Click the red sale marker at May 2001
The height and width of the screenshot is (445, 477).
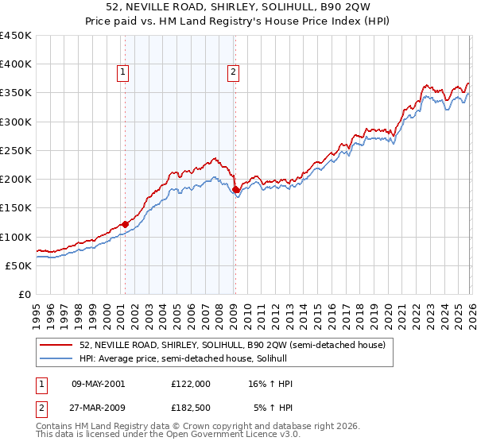point(125,224)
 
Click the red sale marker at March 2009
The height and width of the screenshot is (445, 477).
point(236,189)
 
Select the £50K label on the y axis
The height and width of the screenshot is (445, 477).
point(19,265)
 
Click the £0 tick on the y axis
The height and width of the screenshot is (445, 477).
point(25,294)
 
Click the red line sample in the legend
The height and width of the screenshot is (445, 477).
point(57,345)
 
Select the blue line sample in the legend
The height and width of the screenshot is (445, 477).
point(57,358)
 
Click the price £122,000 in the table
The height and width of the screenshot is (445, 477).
point(191,384)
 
